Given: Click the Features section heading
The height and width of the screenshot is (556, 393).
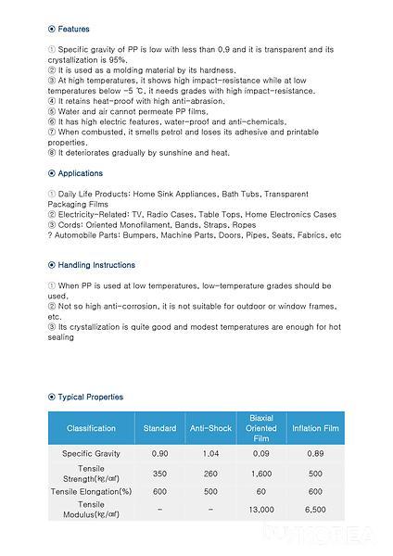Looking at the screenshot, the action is tap(74, 29).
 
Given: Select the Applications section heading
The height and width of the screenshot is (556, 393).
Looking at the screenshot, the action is tap(81, 173).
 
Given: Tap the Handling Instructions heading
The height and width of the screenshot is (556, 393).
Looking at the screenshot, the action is tap(96, 265).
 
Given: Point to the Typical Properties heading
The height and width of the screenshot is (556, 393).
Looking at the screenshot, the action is tap(90, 397).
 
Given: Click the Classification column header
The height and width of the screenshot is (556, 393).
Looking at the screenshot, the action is tap(91, 428).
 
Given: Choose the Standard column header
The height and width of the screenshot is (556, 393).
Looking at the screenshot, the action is tap(159, 428).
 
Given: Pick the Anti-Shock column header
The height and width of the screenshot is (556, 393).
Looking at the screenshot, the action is tap(210, 428).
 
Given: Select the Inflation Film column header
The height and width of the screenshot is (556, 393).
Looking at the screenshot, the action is tap(315, 428).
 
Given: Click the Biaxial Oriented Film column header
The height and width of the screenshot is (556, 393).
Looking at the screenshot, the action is tap(261, 428).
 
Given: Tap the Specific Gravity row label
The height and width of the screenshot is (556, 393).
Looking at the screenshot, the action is tap(91, 454).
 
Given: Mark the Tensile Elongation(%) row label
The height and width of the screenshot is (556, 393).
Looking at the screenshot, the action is tap(91, 491).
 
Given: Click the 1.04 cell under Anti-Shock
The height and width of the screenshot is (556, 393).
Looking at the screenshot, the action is tap(210, 454).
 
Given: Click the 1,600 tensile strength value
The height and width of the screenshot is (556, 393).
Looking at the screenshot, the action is tap(261, 473).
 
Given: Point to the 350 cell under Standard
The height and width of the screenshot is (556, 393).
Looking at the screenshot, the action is tap(159, 473).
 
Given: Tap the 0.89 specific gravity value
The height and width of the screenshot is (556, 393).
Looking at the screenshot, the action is tap(315, 454).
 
